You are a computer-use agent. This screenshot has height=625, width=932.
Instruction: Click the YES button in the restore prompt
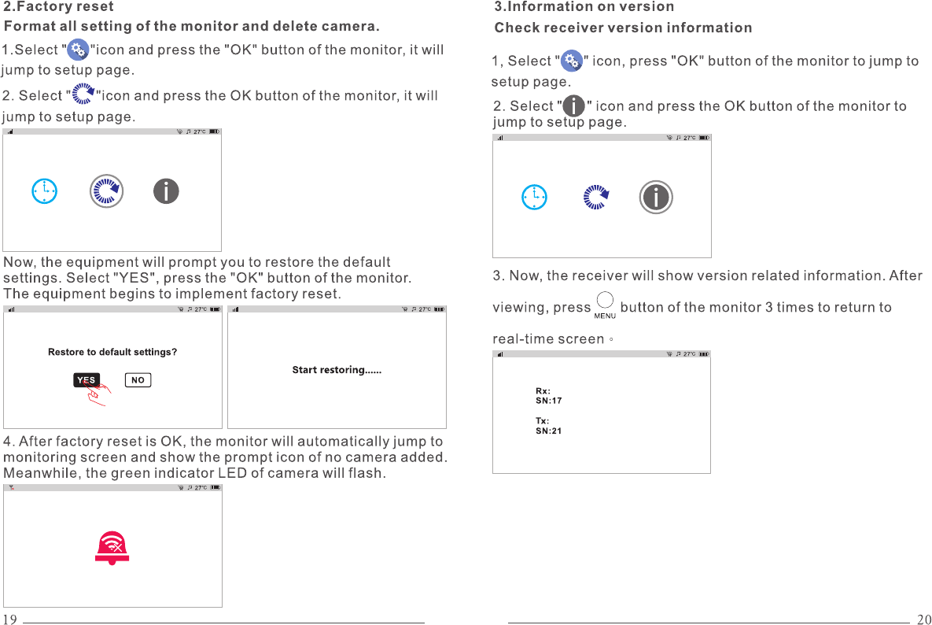(87, 380)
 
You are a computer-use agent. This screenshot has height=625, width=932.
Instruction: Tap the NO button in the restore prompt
(138, 380)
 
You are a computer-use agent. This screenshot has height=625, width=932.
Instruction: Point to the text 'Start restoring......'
(337, 370)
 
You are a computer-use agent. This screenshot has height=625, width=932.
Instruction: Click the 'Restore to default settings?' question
(112, 352)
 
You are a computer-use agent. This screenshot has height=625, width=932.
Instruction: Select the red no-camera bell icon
(112, 548)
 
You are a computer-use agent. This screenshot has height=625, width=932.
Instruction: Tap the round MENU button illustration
(605, 301)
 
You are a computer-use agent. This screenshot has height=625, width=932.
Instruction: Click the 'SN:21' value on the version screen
(549, 431)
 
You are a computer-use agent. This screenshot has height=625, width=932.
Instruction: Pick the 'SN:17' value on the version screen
(549, 401)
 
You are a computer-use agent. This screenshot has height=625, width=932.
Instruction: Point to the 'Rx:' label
(543, 391)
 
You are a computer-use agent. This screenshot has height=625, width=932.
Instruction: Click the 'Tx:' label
(543, 421)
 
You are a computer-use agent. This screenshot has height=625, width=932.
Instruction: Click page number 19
(9, 619)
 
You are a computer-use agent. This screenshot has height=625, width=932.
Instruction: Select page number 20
(923, 619)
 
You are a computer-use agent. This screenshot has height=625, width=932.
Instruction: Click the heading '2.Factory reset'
(59, 7)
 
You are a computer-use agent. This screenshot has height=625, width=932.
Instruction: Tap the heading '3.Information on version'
(584, 7)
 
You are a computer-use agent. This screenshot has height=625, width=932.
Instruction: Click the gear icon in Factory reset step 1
(78, 50)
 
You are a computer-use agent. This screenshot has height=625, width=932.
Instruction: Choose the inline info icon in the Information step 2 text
(575, 105)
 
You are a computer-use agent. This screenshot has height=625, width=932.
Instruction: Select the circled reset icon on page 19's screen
(106, 190)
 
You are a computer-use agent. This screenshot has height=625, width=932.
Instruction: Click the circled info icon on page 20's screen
(656, 197)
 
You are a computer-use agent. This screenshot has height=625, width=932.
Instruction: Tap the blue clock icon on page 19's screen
(45, 190)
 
